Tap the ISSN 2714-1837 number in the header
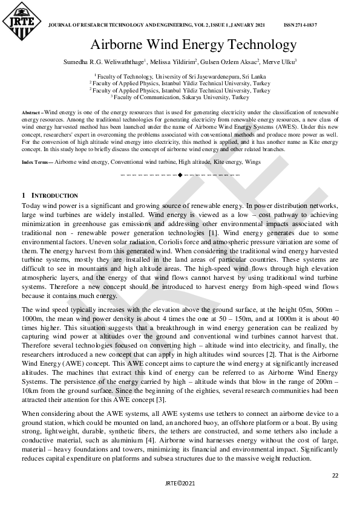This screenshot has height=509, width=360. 300,25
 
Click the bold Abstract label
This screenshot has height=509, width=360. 31,113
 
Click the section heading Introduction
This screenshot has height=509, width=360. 54,196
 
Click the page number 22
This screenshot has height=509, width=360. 335,476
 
